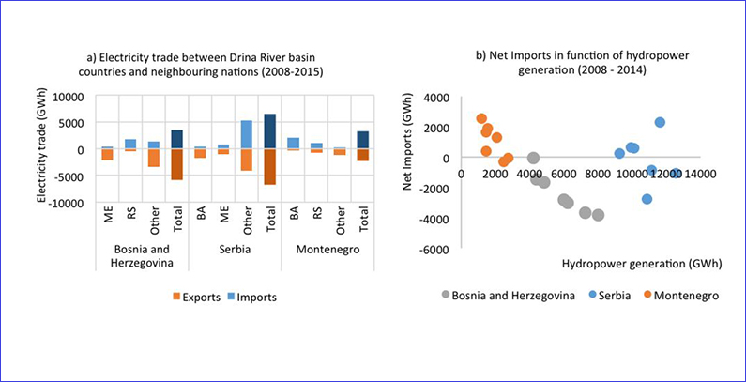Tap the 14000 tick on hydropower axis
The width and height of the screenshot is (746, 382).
coord(700,174)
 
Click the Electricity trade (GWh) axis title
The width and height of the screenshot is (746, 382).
coord(42,150)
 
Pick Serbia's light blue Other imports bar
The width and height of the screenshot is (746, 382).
coord(247,134)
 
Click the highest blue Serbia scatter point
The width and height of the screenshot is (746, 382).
coord(660,122)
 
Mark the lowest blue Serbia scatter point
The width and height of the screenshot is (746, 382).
coord(647,199)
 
